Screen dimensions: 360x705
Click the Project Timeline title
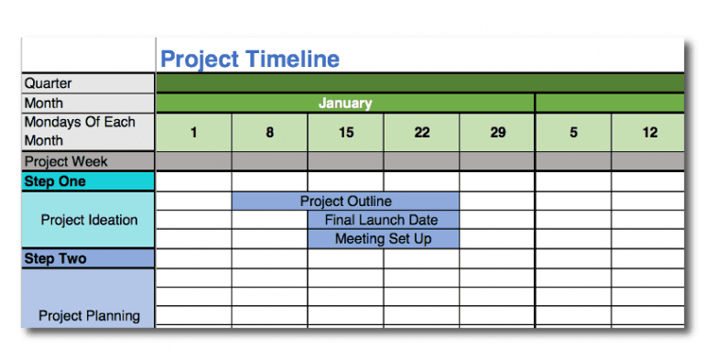[x=250, y=60]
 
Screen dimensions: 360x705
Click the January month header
[x=345, y=104]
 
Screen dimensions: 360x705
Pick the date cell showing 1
[x=193, y=132]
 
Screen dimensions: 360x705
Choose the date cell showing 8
[x=269, y=132]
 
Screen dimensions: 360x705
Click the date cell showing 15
[x=345, y=132]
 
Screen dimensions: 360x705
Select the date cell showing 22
[x=421, y=132]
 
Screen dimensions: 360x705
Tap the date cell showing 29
[x=497, y=132]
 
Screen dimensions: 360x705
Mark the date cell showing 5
[x=573, y=132]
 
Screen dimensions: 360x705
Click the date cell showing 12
[x=649, y=132]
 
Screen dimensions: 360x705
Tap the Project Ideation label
[x=89, y=220]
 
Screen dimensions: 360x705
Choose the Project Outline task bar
[x=345, y=201]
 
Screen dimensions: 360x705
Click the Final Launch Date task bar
[x=382, y=220]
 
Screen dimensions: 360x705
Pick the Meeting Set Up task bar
[x=382, y=239]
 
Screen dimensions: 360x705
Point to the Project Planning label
[x=89, y=316]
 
